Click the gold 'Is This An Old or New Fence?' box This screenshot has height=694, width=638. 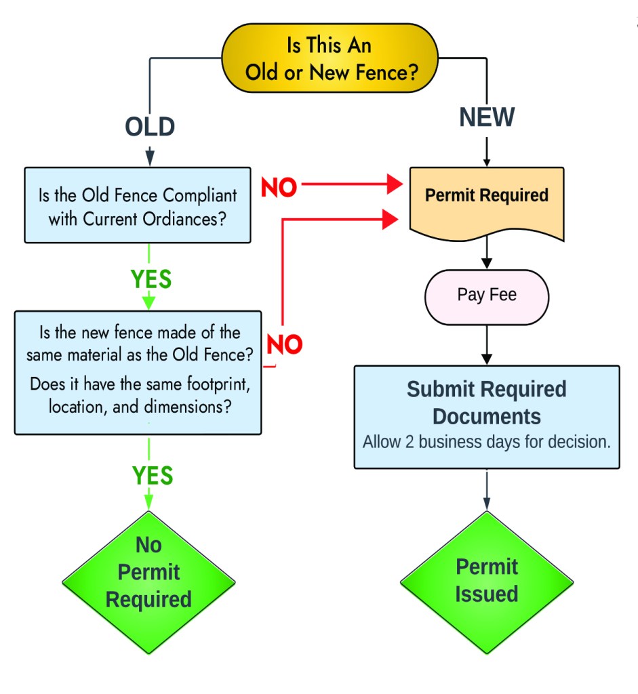(330, 58)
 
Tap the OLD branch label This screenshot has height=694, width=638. (150, 127)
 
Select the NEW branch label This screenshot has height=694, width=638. (487, 117)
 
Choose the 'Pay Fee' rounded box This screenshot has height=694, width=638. (487, 295)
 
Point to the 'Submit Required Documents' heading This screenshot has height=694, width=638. (487, 402)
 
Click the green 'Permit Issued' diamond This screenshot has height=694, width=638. (487, 581)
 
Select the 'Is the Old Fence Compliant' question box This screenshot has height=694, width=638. (138, 205)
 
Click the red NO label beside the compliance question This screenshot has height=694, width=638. (279, 188)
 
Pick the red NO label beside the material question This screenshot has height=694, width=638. (284, 344)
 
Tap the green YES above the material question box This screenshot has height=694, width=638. (151, 279)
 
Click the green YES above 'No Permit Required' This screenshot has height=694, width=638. (152, 476)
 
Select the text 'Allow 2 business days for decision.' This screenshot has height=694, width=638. (487, 443)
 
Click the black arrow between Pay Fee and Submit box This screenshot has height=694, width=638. (487, 345)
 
